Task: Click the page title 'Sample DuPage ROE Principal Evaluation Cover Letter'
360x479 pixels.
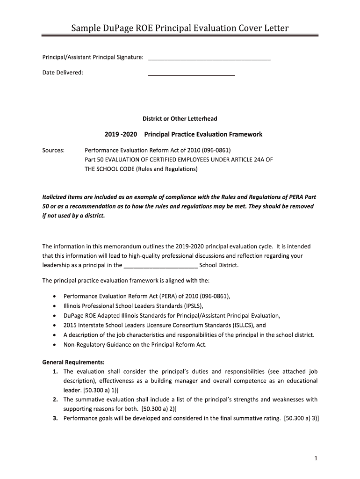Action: point(180,29)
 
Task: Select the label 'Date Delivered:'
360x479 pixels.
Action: point(63,73)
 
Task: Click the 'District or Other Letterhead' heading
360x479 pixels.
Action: point(180,119)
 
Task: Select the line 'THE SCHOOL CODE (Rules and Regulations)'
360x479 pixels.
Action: point(141,169)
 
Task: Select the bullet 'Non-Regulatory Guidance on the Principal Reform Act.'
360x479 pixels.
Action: point(135,344)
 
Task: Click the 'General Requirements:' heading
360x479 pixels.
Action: point(73,362)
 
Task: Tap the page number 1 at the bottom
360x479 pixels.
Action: point(317,459)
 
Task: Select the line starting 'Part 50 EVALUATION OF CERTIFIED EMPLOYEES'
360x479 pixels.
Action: point(178,160)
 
